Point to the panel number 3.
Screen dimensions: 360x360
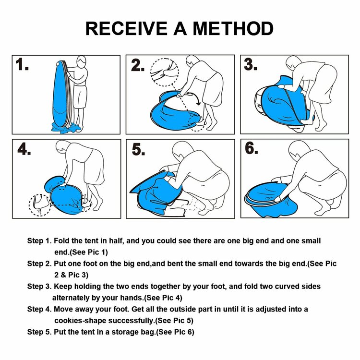(x=251, y=64)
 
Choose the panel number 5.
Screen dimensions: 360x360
(x=138, y=150)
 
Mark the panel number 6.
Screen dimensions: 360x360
(x=251, y=149)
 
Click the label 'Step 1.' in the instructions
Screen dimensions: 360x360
(x=39, y=241)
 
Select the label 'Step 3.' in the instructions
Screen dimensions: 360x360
(x=39, y=287)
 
